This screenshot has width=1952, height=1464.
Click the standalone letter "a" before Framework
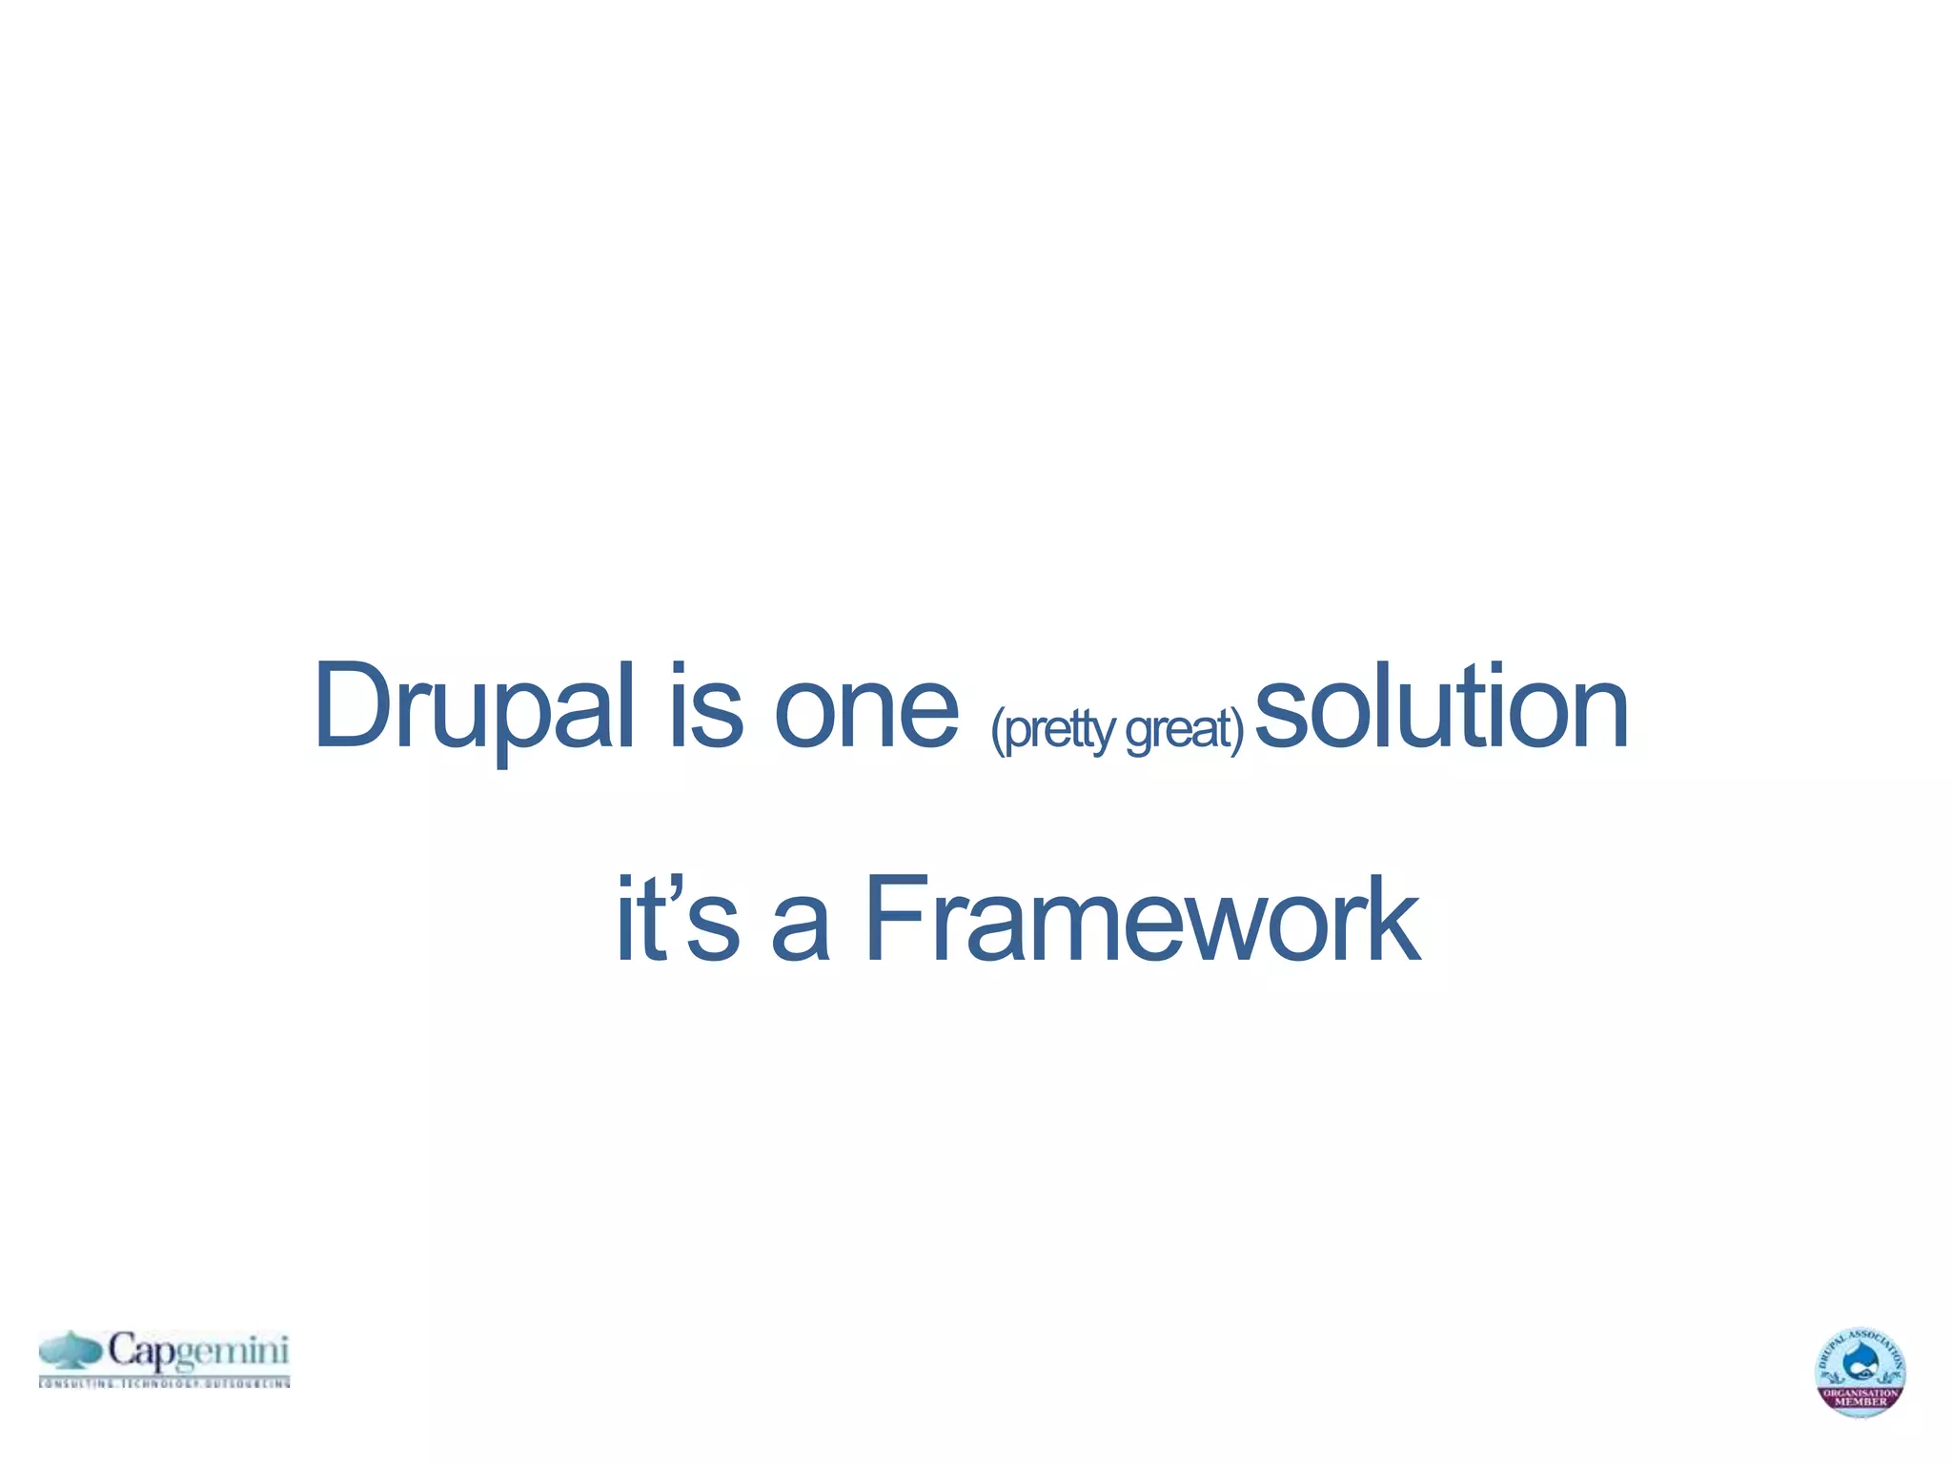(x=800, y=928)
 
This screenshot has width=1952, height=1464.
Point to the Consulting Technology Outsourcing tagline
(x=164, y=1382)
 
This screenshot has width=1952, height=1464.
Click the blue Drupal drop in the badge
(x=1860, y=1365)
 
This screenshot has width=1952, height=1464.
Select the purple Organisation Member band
(x=1860, y=1398)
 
